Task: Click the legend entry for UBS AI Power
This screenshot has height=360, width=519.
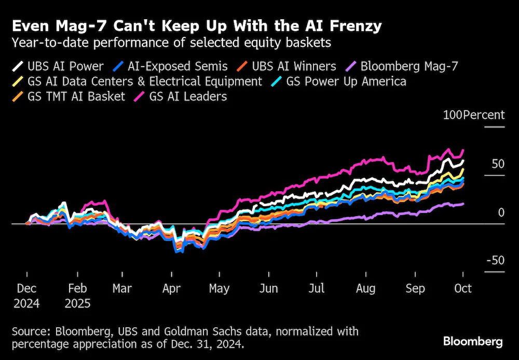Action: pos(58,66)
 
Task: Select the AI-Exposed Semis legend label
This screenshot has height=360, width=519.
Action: pos(170,66)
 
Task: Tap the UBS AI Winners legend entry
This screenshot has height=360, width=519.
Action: pos(286,66)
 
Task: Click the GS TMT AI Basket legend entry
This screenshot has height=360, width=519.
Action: pos(69,97)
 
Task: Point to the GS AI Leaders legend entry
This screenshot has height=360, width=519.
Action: pos(181,97)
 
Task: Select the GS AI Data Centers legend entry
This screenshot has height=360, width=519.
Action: pos(137,82)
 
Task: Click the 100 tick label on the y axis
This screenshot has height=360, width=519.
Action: pos(453,115)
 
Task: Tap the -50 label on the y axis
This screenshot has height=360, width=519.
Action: pos(496,260)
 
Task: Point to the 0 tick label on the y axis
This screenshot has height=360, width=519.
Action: pos(501,212)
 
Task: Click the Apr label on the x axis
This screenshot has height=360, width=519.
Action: pos(171,289)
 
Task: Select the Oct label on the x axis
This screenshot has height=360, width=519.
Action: pos(463,288)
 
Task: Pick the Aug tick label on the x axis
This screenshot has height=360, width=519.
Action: pos(366,289)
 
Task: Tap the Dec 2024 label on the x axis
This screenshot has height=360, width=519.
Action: pos(26,296)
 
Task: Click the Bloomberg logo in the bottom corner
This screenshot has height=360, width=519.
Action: pos(473,341)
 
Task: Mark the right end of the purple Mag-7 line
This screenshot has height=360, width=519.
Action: pos(463,204)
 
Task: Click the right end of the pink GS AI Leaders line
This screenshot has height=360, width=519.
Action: pos(463,150)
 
